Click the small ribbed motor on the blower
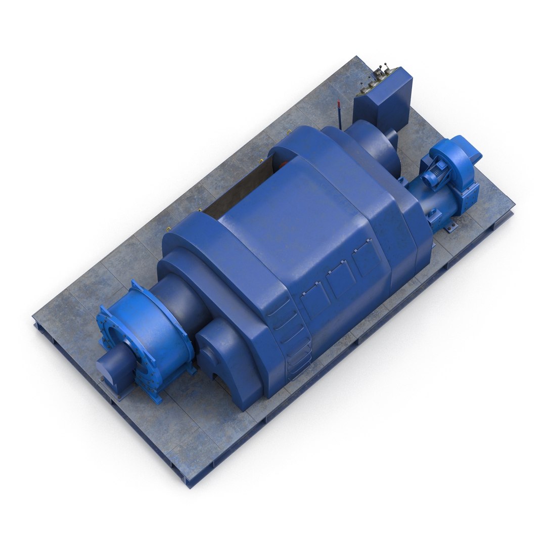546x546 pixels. coord(433,176)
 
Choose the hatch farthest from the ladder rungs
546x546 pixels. coord(367,257)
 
